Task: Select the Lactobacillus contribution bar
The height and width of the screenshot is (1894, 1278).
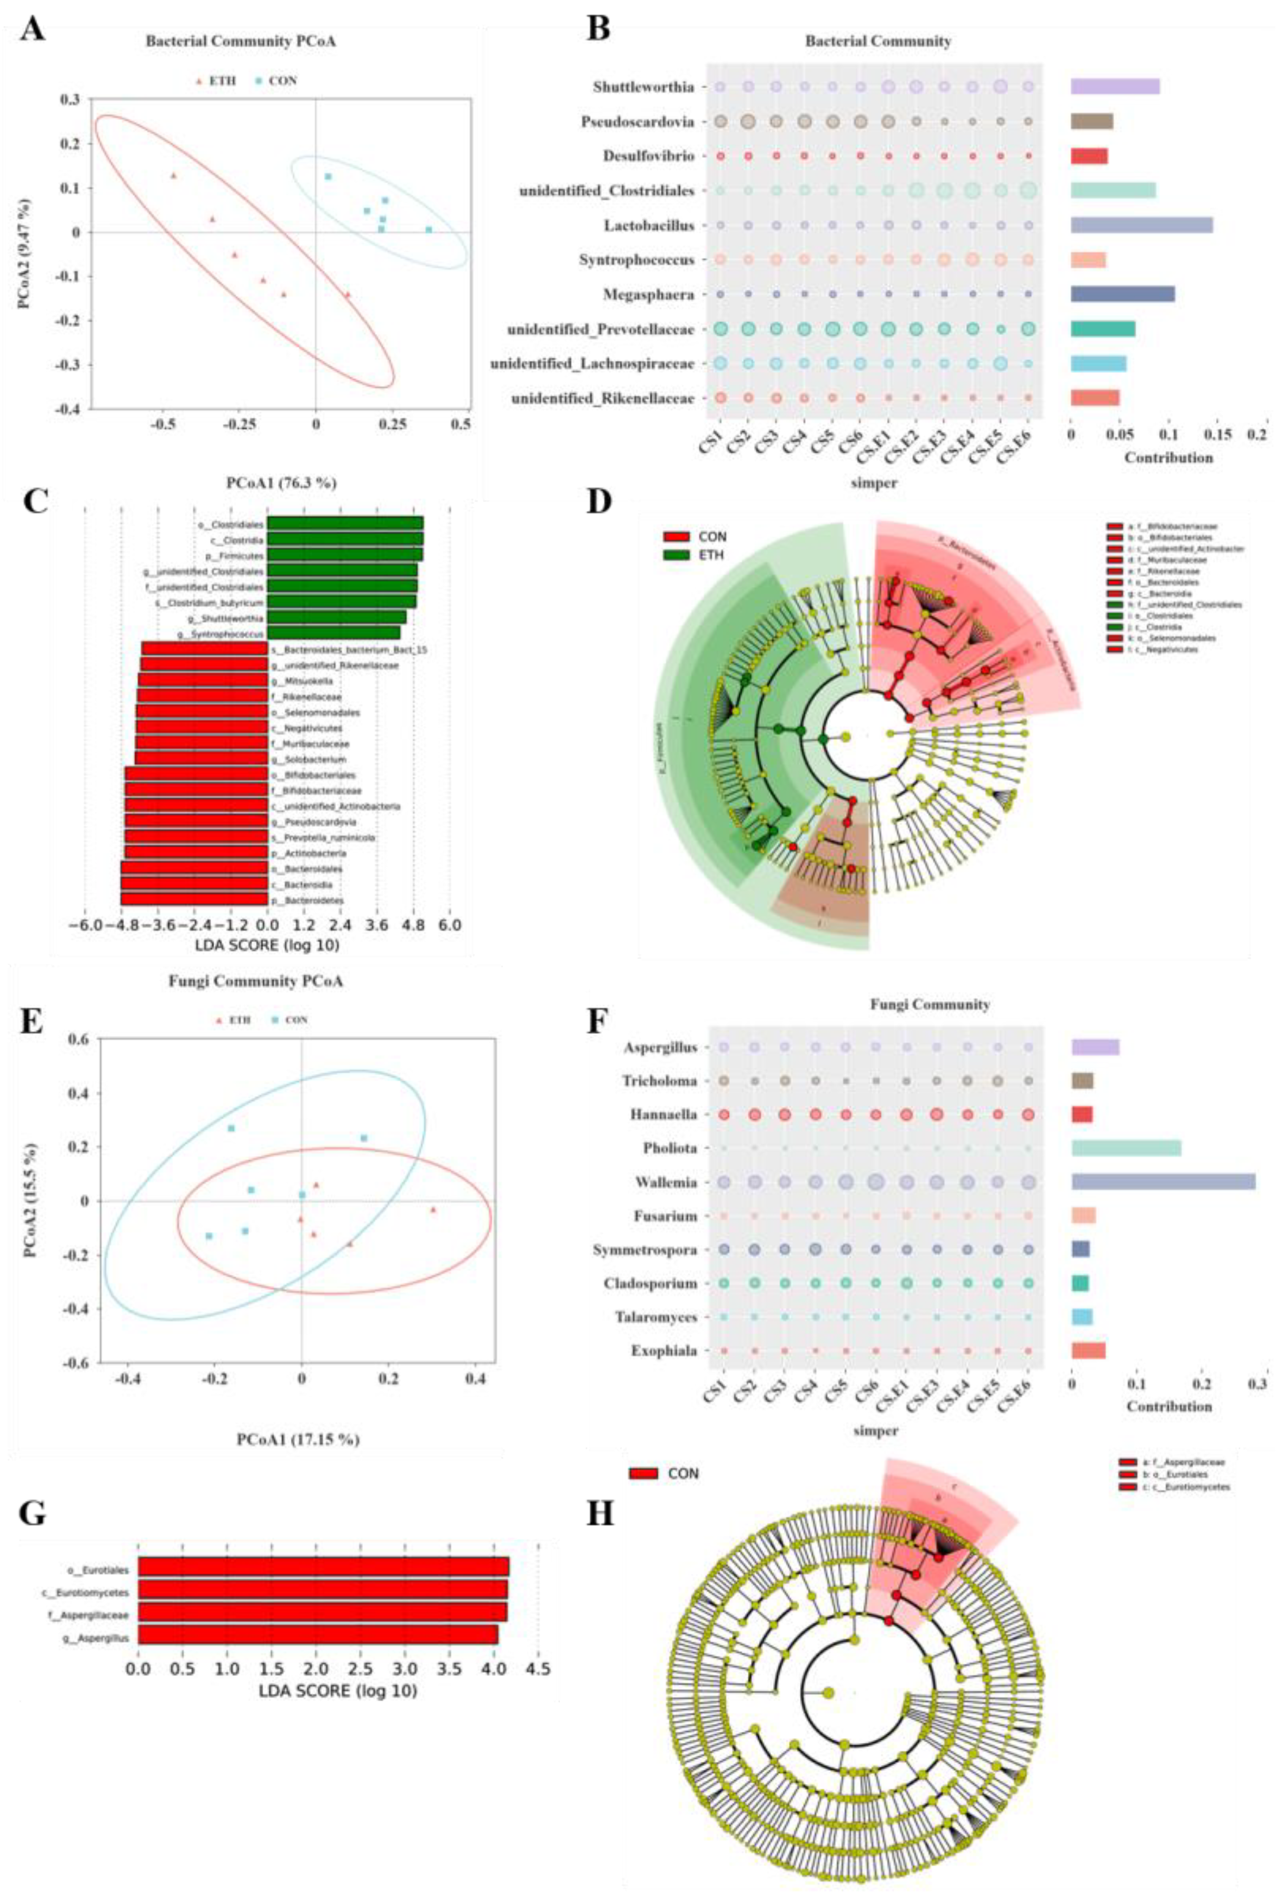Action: click(x=1141, y=225)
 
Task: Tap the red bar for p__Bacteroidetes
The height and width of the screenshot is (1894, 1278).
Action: click(x=194, y=899)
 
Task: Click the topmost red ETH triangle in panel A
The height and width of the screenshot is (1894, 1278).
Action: click(x=173, y=175)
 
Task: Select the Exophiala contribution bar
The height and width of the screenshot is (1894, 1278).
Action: click(x=1088, y=1350)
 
